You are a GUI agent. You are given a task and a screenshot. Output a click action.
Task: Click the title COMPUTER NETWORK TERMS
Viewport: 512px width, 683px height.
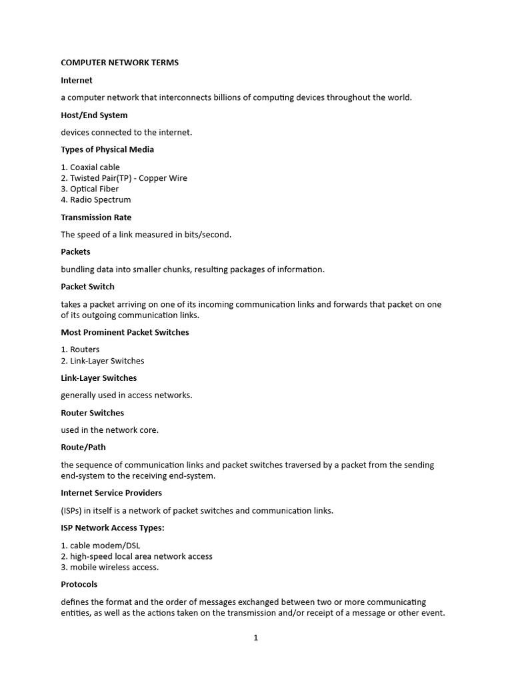coord(120,63)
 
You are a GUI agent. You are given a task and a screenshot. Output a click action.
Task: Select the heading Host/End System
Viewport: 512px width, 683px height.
coord(94,115)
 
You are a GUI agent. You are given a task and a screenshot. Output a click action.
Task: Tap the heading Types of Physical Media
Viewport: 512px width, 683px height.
coord(107,149)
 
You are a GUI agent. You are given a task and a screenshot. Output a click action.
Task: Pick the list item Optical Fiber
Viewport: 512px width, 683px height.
coord(94,189)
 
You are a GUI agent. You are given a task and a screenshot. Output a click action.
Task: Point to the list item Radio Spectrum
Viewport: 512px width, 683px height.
coord(100,199)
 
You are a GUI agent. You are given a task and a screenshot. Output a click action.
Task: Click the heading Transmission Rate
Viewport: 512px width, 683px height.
coord(96,217)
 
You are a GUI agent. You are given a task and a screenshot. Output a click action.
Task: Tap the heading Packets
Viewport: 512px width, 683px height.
coord(75,251)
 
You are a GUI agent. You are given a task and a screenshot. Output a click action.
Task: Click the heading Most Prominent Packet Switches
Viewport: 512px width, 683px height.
coord(125,332)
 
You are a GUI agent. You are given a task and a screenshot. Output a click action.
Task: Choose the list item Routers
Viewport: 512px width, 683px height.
coord(85,350)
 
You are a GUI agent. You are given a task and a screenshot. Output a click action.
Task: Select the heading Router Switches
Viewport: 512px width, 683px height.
coord(92,412)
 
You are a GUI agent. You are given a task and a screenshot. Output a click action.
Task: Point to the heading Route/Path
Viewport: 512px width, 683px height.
coord(83,447)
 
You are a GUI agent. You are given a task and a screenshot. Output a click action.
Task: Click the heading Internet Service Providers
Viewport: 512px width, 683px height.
coord(111,493)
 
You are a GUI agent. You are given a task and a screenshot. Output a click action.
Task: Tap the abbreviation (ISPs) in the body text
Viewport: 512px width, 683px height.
coord(73,511)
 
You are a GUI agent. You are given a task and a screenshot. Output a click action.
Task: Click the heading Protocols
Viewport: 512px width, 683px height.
coord(79,584)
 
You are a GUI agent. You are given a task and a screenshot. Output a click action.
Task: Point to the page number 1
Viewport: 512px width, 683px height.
coord(255,638)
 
